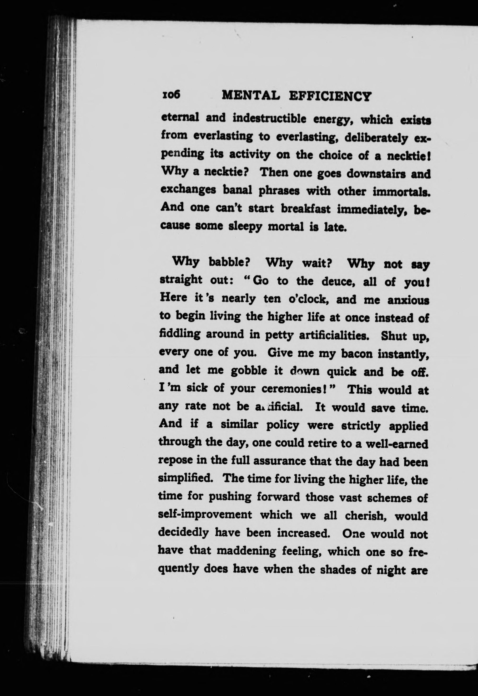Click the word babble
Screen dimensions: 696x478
[x=229, y=263]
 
